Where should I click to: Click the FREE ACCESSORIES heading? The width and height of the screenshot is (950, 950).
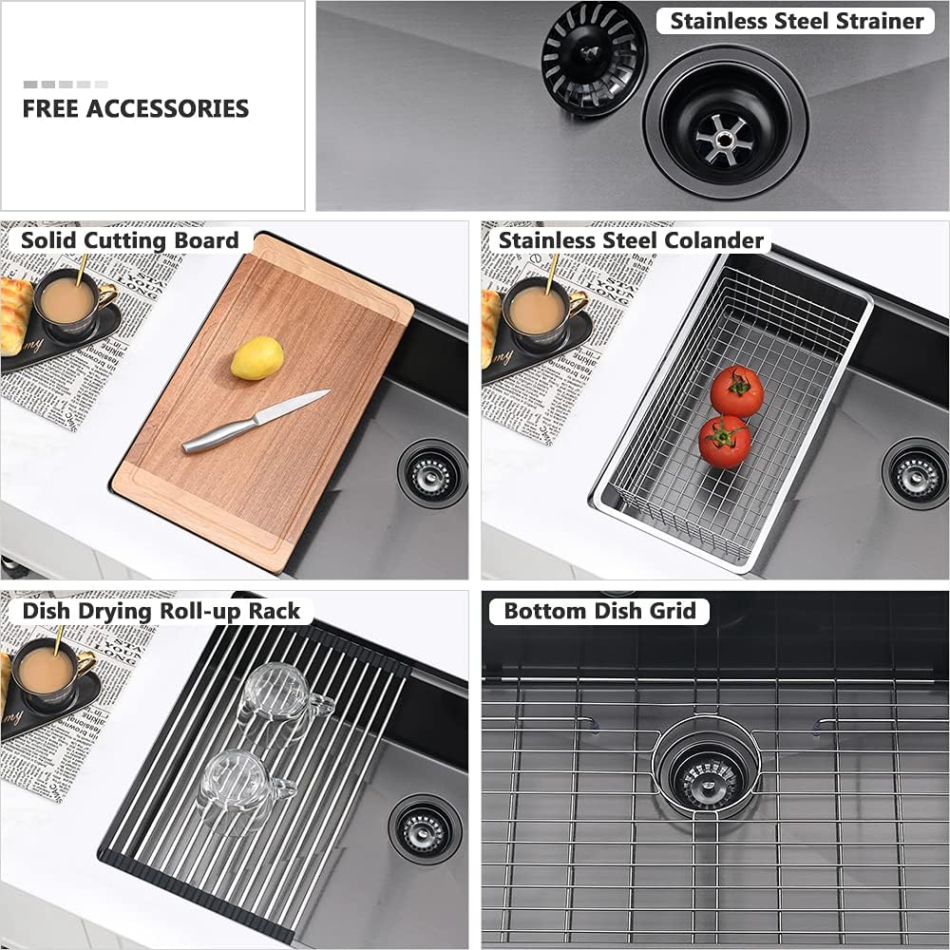click(x=135, y=108)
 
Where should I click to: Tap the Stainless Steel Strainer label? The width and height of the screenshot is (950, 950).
click(x=796, y=21)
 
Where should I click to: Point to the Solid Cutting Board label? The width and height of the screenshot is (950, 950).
click(x=129, y=240)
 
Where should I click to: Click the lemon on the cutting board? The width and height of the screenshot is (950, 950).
click(x=256, y=358)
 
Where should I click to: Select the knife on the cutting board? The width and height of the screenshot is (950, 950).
click(x=255, y=421)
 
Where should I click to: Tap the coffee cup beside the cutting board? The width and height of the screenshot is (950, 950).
click(x=68, y=303)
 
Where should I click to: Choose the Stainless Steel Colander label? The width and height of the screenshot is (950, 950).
click(x=631, y=240)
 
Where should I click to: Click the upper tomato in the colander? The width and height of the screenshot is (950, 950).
click(x=736, y=391)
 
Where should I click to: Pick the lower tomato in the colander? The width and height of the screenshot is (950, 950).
click(x=725, y=442)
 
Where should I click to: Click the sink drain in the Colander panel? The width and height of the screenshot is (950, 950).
click(x=914, y=472)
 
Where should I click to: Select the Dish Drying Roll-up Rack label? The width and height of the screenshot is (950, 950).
click(x=161, y=611)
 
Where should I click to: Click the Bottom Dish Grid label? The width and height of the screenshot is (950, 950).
click(x=599, y=611)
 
